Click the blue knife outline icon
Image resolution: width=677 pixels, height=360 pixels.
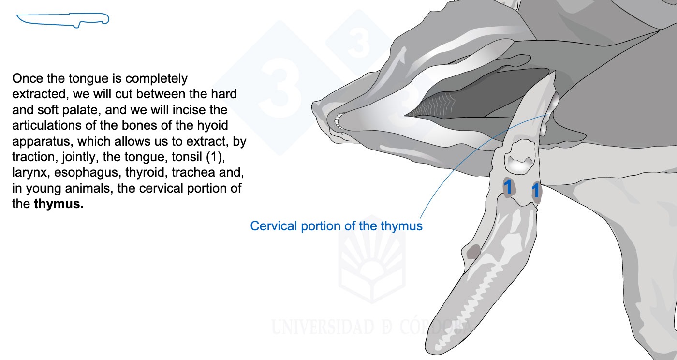click(x=62, y=20)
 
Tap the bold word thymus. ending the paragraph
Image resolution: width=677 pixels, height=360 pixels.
click(x=59, y=204)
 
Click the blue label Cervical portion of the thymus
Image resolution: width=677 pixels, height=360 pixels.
click(x=336, y=226)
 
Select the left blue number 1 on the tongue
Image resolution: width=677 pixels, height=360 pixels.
click(x=508, y=187)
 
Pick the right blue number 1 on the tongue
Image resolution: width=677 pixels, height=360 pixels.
click(x=535, y=191)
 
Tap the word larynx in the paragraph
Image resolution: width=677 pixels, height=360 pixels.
click(x=31, y=172)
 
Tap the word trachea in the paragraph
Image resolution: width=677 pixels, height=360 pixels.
click(x=194, y=172)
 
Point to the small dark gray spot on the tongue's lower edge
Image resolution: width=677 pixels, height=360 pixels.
click(x=473, y=252)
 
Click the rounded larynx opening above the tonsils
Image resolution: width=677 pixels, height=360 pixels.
click(x=519, y=157)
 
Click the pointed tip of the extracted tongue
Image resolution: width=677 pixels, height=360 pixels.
click(x=555, y=72)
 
